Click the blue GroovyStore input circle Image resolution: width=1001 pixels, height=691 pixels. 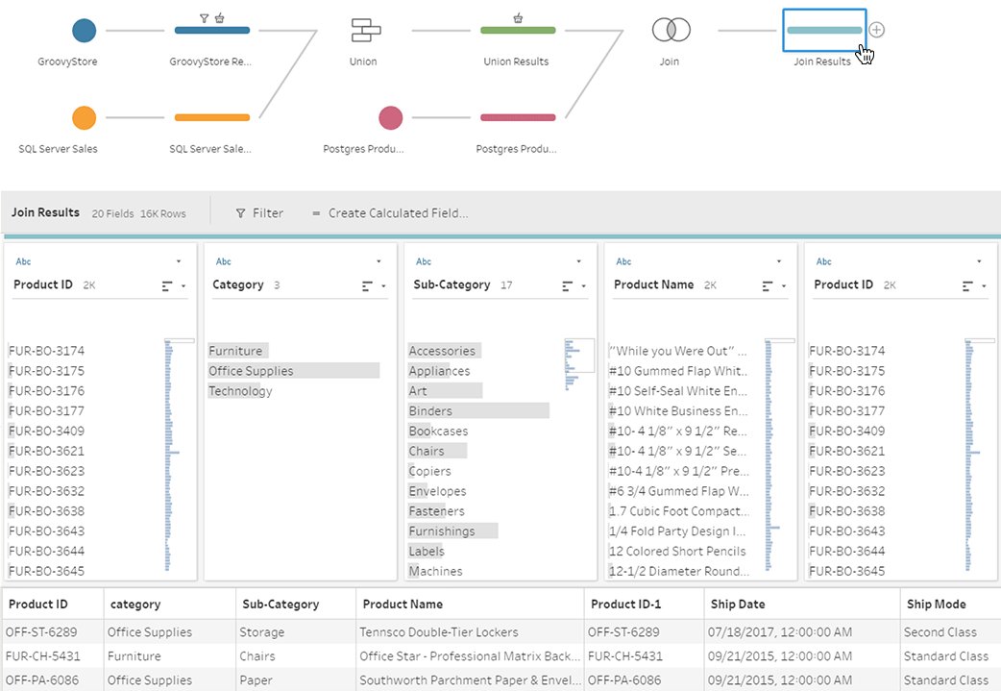point(85,31)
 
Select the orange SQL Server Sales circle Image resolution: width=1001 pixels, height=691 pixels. point(85,118)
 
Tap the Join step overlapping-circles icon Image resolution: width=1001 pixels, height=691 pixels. point(671,31)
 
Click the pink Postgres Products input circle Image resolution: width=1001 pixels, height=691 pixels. point(390,118)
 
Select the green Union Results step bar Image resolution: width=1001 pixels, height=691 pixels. point(517,31)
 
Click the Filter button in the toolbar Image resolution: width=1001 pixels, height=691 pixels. point(259,213)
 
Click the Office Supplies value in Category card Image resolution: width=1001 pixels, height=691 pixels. point(251,371)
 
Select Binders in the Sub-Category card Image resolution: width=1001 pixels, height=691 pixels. point(430,411)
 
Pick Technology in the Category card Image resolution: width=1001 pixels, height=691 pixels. point(240,391)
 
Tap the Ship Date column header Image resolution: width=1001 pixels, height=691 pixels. point(738,605)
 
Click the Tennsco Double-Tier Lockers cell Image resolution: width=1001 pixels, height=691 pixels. point(439,632)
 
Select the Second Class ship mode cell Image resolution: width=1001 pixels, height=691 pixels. point(940,632)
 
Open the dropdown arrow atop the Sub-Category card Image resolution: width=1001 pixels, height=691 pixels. point(578,261)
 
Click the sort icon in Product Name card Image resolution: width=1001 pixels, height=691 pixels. point(767,285)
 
